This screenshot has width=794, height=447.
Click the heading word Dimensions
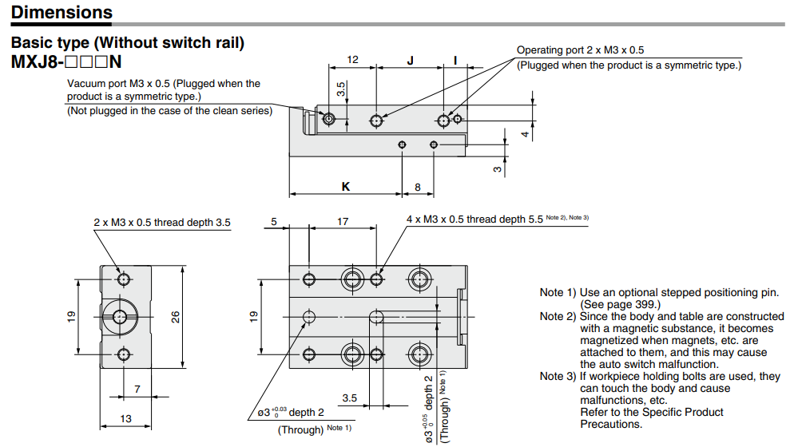click(62, 13)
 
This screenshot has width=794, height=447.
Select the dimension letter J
click(410, 60)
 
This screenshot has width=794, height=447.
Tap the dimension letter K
click(345, 186)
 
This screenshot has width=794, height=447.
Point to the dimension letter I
click(455, 60)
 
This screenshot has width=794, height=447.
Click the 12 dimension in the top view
click(352, 60)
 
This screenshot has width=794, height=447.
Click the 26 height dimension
click(176, 316)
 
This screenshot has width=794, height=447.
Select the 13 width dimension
click(126, 418)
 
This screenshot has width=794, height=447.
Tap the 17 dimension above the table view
click(342, 221)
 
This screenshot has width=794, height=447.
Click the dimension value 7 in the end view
click(137, 389)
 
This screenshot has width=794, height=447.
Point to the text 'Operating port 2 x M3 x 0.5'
click(580, 50)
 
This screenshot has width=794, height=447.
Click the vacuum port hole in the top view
click(330, 119)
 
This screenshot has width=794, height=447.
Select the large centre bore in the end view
click(119, 316)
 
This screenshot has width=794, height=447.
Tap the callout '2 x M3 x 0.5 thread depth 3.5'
click(162, 223)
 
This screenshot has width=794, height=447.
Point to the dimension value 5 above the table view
click(273, 221)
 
